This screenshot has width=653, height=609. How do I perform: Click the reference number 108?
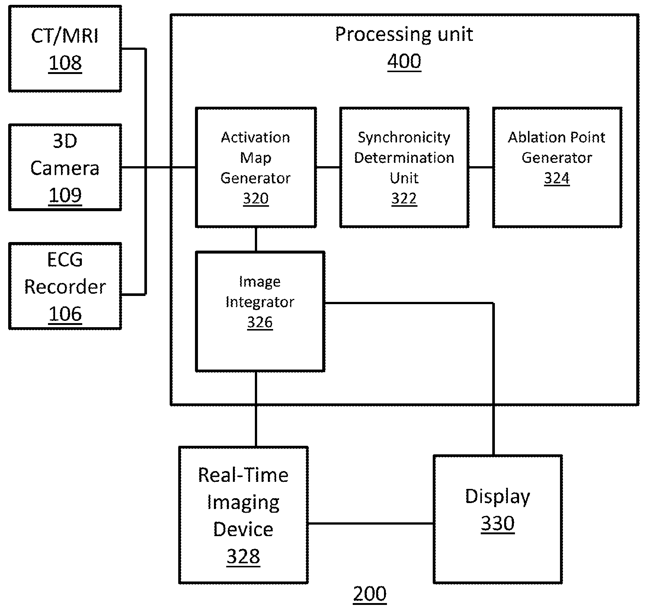pos(65,63)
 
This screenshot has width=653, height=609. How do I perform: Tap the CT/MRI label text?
pos(65,36)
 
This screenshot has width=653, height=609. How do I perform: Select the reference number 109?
pos(65,195)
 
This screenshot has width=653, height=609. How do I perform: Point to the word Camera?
pos(65,168)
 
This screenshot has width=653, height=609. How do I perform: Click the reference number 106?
pos(65,314)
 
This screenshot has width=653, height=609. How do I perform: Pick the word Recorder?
pos(65,287)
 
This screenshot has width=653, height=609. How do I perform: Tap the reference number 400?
pos(404,61)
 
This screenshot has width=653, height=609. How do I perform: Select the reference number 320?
pos(256,199)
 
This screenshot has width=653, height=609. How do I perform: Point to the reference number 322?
pos(404,199)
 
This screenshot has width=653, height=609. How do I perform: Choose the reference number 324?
pos(557,178)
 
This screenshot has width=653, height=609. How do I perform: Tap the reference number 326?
pos(260,322)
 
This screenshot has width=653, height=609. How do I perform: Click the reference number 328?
pos(243,557)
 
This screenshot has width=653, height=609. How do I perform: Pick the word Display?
pos(497,497)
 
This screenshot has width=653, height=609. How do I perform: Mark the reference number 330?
pos(498,523)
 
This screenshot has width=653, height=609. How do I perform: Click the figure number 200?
pos(370,594)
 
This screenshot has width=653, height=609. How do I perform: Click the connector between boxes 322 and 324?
pos(481,167)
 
